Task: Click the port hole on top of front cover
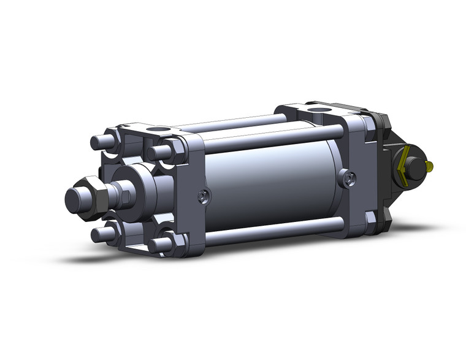pyautogui.click(x=158, y=129)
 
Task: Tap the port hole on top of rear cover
pyautogui.click(x=318, y=110)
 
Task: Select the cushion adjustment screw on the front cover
pyautogui.click(x=203, y=197)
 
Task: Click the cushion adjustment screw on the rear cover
pyautogui.click(x=349, y=178)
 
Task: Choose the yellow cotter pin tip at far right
pyautogui.click(x=432, y=166)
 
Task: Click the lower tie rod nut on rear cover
pyautogui.click(x=370, y=218)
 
